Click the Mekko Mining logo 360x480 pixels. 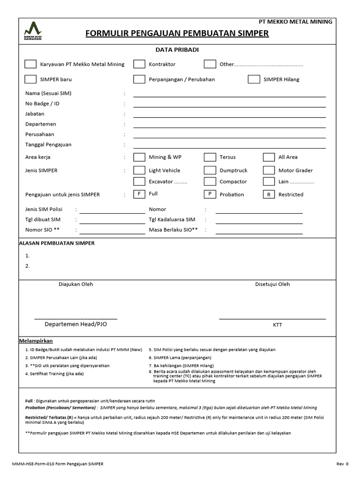33,31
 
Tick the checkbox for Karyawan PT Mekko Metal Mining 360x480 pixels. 30,64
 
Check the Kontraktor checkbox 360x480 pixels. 139,64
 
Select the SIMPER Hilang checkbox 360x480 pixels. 254,79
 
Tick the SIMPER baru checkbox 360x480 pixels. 30,79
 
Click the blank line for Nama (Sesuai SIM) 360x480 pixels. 229,96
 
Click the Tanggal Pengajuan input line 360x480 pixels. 229,147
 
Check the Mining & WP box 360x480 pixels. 139,157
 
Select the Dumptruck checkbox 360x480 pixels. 210,170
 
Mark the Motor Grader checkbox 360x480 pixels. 269,170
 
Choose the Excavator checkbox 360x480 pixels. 139,181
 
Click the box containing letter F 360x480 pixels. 139,194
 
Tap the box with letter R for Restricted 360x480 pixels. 269,194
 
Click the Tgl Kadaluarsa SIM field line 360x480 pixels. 259,223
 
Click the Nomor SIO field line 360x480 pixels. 112,233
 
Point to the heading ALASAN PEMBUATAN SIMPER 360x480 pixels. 57,243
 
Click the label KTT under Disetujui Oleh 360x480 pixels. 277,325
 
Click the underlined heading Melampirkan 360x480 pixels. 36,341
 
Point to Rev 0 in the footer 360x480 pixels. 342,464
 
